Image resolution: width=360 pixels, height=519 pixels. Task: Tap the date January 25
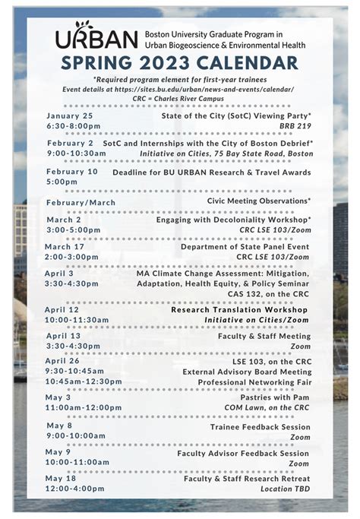69,116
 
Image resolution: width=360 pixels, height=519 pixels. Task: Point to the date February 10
72,172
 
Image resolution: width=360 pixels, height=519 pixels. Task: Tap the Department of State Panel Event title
245,246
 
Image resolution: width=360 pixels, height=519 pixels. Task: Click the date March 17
65,246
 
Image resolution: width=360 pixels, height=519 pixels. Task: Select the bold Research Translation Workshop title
240,310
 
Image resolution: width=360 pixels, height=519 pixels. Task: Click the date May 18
61,478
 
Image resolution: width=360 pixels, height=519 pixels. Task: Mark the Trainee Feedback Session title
260,426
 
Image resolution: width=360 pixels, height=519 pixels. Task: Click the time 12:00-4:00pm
75,489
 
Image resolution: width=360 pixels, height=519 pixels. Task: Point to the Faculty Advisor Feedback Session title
243,453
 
